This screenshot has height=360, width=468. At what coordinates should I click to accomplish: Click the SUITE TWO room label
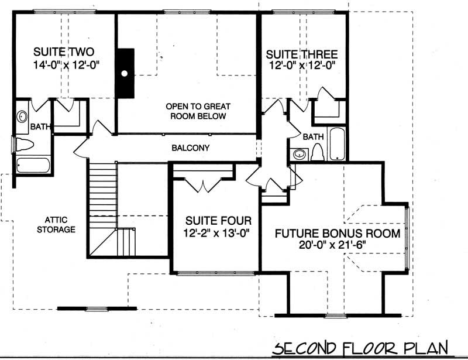tap(64, 50)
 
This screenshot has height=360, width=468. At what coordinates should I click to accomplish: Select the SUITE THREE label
tap(301, 54)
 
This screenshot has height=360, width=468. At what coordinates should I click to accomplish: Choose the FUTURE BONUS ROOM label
tap(338, 234)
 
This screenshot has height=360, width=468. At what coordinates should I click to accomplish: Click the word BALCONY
tap(190, 148)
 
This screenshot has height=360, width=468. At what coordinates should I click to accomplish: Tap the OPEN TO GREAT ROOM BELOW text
tap(198, 111)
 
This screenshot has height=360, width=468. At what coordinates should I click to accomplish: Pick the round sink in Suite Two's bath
tap(22, 116)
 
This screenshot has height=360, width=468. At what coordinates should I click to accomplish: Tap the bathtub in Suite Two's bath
tap(33, 164)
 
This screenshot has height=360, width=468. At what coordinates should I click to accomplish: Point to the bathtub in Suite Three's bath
tap(337, 143)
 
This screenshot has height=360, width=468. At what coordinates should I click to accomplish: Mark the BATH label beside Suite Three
tap(313, 136)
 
